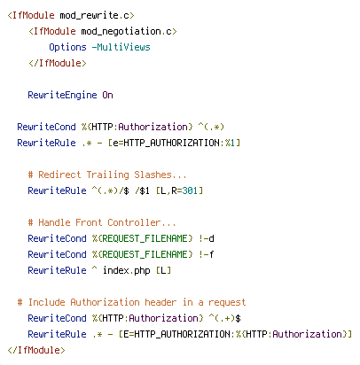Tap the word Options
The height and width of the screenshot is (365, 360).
67,47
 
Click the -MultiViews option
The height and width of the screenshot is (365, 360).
121,47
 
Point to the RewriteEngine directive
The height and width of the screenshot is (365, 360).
62,95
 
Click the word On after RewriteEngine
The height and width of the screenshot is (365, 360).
107,95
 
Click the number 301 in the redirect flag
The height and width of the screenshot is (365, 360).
190,190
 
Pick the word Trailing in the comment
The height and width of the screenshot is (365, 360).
108,175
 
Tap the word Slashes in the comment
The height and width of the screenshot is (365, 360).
153,175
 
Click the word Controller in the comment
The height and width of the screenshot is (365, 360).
134,222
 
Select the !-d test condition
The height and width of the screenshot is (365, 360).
207,238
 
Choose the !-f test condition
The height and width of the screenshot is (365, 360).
207,254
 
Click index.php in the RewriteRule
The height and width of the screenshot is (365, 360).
127,270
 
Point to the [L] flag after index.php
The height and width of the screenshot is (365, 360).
163,270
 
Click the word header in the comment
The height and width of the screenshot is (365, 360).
160,302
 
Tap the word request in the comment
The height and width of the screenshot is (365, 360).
227,302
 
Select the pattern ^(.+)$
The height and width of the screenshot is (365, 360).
224,318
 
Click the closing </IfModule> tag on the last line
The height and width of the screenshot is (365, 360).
36,350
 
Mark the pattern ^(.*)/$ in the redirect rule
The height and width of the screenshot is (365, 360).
110,190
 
